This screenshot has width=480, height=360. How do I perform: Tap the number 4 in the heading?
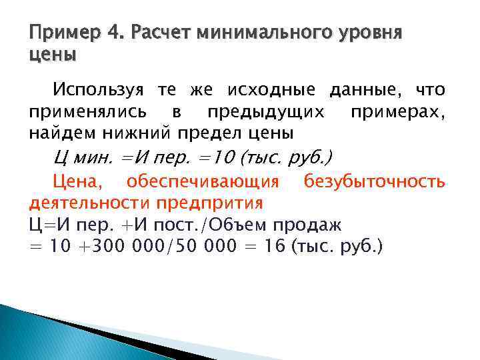(x=113, y=33)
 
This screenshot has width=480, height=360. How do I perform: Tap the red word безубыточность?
(x=374, y=181)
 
